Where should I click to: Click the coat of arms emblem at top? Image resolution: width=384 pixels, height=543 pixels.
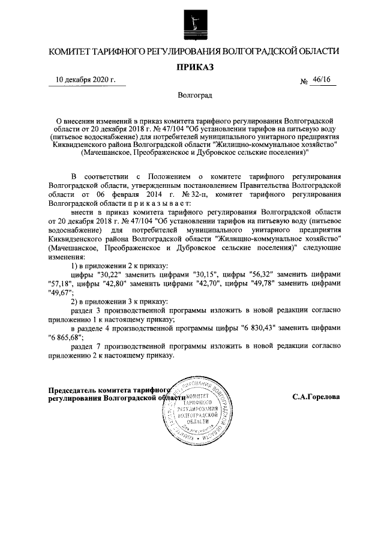[191, 21]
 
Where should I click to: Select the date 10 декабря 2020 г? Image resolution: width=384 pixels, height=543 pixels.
[86, 80]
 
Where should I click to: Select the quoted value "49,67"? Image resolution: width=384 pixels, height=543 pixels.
[61, 293]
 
